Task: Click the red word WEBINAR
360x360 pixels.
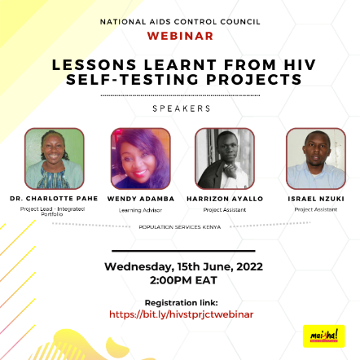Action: pyautogui.click(x=180, y=36)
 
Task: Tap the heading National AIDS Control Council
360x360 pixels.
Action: pyautogui.click(x=180, y=22)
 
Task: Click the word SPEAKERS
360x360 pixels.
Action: pyautogui.click(x=182, y=108)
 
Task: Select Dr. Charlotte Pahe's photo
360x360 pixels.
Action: pyautogui.click(x=55, y=159)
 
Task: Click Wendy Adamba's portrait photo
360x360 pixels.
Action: pyautogui.click(x=141, y=159)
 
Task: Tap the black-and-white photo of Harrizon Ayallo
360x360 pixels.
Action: pyautogui.click(x=225, y=159)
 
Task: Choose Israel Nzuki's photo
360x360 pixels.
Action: pyautogui.click(x=316, y=159)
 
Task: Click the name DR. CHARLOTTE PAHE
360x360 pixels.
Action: pyautogui.click(x=54, y=199)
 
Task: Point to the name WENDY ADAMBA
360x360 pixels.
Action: pyautogui.click(x=141, y=199)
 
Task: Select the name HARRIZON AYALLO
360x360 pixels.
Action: pyautogui.click(x=225, y=199)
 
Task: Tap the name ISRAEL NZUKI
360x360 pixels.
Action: pyautogui.click(x=316, y=199)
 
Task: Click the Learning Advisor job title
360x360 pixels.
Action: pyautogui.click(x=140, y=210)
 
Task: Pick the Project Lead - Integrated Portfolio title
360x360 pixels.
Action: pyautogui.click(x=52, y=212)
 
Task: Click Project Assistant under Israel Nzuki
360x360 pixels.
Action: pyautogui.click(x=316, y=209)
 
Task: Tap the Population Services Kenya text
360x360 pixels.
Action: pyautogui.click(x=180, y=227)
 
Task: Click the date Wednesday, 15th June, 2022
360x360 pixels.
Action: pyautogui.click(x=183, y=267)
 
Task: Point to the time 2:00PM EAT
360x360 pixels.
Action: pyautogui.click(x=183, y=280)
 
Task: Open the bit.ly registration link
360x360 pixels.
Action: pyautogui.click(x=182, y=314)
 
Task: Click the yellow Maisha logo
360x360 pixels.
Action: pyautogui.click(x=324, y=336)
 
